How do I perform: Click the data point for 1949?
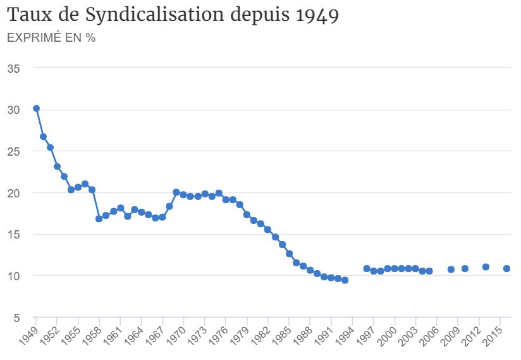click(x=36, y=108)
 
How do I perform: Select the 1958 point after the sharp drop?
click(x=99, y=219)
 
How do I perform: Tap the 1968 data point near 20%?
click(x=176, y=192)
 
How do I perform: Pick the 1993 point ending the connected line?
click(x=345, y=280)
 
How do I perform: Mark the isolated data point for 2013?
click(x=486, y=267)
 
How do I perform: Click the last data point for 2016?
click(x=506, y=268)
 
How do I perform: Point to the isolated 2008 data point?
click(x=451, y=269)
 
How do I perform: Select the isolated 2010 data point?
click(x=465, y=268)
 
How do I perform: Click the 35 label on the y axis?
click(x=13, y=68)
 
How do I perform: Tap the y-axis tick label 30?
click(x=13, y=109)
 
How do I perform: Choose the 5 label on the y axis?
click(x=17, y=317)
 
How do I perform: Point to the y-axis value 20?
click(x=13, y=192)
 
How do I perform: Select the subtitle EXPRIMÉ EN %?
click(x=51, y=38)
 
